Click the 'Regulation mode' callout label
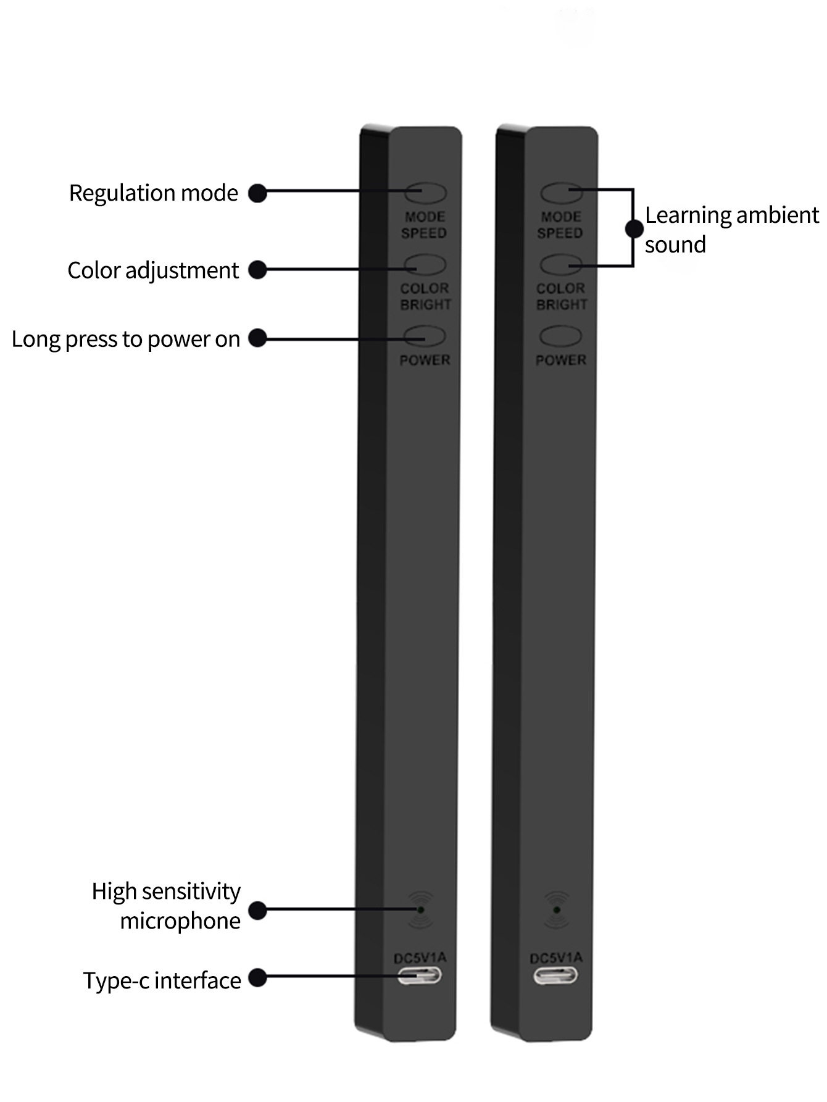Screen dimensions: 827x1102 pyautogui.click(x=153, y=193)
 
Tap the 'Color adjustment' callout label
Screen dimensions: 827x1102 pyautogui.click(x=153, y=270)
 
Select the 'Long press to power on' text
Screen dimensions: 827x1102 pyautogui.click(x=125, y=339)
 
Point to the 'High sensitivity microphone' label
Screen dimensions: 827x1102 pyautogui.click(x=166, y=906)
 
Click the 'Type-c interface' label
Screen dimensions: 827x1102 pyautogui.click(x=162, y=980)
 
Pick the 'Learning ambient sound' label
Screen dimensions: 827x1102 pyautogui.click(x=731, y=230)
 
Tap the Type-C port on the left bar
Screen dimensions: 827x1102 pyautogui.click(x=420, y=976)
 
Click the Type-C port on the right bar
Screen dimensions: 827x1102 pyautogui.click(x=556, y=976)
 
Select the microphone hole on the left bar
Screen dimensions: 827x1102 pyautogui.click(x=421, y=909)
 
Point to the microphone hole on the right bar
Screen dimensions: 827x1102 pyautogui.click(x=557, y=909)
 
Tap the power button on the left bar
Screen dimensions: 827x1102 pyautogui.click(x=425, y=337)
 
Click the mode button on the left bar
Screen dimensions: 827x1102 pyautogui.click(x=425, y=193)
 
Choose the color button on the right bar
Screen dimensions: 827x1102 pyautogui.click(x=561, y=265)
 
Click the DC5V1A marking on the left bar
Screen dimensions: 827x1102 pyautogui.click(x=420, y=958)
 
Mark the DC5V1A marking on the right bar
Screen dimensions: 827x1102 pyautogui.click(x=556, y=958)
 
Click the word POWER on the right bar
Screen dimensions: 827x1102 pyautogui.click(x=561, y=360)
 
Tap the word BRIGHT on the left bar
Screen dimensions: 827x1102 pyautogui.click(x=426, y=305)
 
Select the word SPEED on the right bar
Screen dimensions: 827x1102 pyautogui.click(x=560, y=233)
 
